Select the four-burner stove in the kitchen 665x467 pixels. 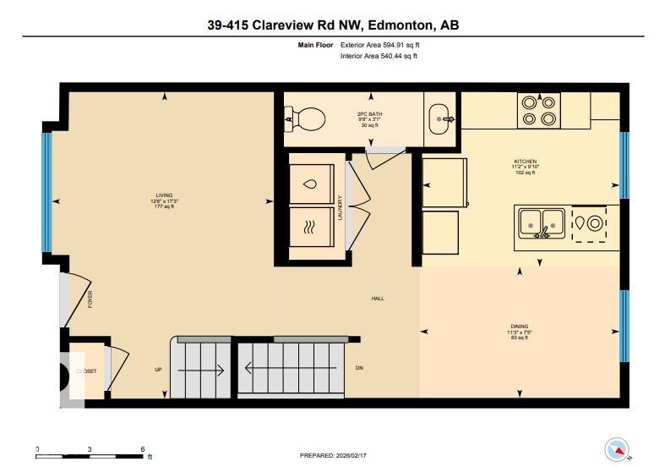[x=540, y=110]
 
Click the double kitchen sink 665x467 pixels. [x=542, y=223]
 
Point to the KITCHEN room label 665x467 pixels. [x=526, y=162]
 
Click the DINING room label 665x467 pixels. [x=520, y=327]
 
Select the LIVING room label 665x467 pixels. [x=164, y=195]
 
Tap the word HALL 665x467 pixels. [x=379, y=299]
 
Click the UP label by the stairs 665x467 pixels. [x=158, y=370]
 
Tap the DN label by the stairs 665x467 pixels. [x=358, y=369]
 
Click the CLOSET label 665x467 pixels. [x=86, y=371]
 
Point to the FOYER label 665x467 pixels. [x=89, y=299]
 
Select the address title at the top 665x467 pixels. [x=332, y=25]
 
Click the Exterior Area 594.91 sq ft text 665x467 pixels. [x=379, y=44]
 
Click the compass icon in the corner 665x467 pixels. [x=617, y=448]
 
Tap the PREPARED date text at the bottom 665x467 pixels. [x=334, y=455]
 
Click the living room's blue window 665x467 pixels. [x=47, y=191]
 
